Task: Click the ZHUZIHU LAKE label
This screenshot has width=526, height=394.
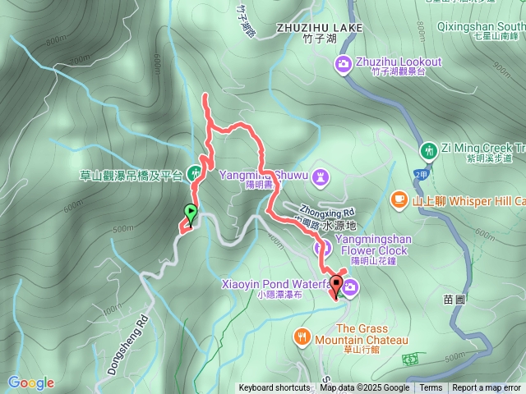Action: pos(308,28)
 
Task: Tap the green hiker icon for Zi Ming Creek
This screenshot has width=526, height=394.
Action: pos(428,150)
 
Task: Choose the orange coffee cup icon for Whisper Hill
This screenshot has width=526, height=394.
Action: pos(399,199)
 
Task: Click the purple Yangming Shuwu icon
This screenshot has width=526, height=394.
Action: pos(321,175)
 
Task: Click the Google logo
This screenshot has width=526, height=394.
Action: pos(31,382)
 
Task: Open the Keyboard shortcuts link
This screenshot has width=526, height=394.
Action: pos(275,388)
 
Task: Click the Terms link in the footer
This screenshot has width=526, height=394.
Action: pos(431,388)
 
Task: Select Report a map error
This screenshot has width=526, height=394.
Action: pos(487,388)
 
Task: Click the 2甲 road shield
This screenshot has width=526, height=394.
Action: pos(421,175)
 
